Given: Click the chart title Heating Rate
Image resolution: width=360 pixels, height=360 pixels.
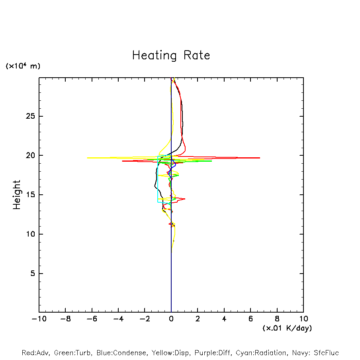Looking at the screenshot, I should point(171,55).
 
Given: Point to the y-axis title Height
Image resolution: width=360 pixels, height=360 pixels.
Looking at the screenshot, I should point(17,195).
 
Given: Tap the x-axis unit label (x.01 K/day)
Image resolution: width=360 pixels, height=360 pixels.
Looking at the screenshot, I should point(287,328).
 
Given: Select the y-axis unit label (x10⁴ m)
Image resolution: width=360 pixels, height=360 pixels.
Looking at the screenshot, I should point(23,66).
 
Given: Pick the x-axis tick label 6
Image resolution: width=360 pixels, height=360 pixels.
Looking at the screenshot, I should point(250,319).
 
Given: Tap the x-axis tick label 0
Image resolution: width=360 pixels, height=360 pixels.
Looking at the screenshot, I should point(171,319).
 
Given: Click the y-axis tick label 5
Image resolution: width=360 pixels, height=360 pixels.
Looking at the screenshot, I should point(33,274).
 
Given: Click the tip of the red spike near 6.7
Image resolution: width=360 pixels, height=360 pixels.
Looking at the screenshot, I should point(260,158).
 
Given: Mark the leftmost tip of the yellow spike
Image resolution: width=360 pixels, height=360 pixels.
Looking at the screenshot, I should point(88,158).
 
